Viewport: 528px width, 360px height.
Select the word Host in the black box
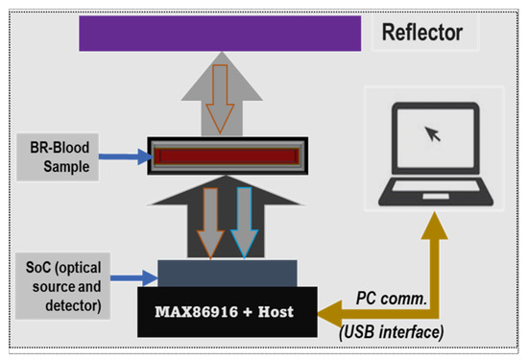tap(275, 310)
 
